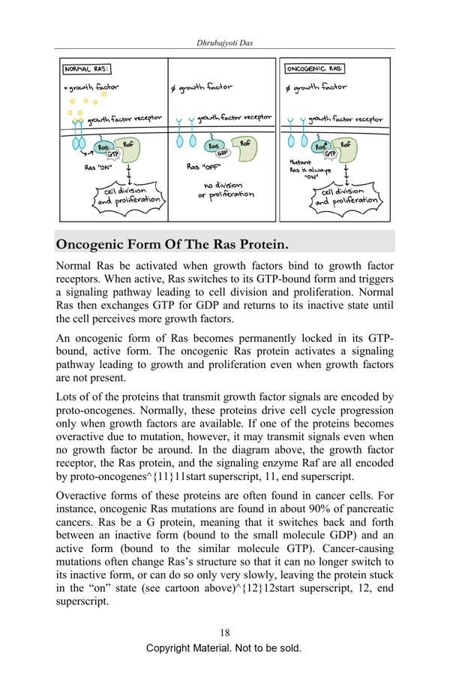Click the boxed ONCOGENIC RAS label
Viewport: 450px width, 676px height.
click(315, 69)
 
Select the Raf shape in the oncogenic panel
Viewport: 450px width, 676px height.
click(344, 147)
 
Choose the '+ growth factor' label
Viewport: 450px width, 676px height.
click(91, 87)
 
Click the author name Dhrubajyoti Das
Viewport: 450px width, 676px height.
click(224, 44)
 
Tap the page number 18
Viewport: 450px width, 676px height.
click(224, 632)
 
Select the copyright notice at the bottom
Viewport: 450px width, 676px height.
click(224, 648)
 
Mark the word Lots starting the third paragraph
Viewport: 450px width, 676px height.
click(69, 397)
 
